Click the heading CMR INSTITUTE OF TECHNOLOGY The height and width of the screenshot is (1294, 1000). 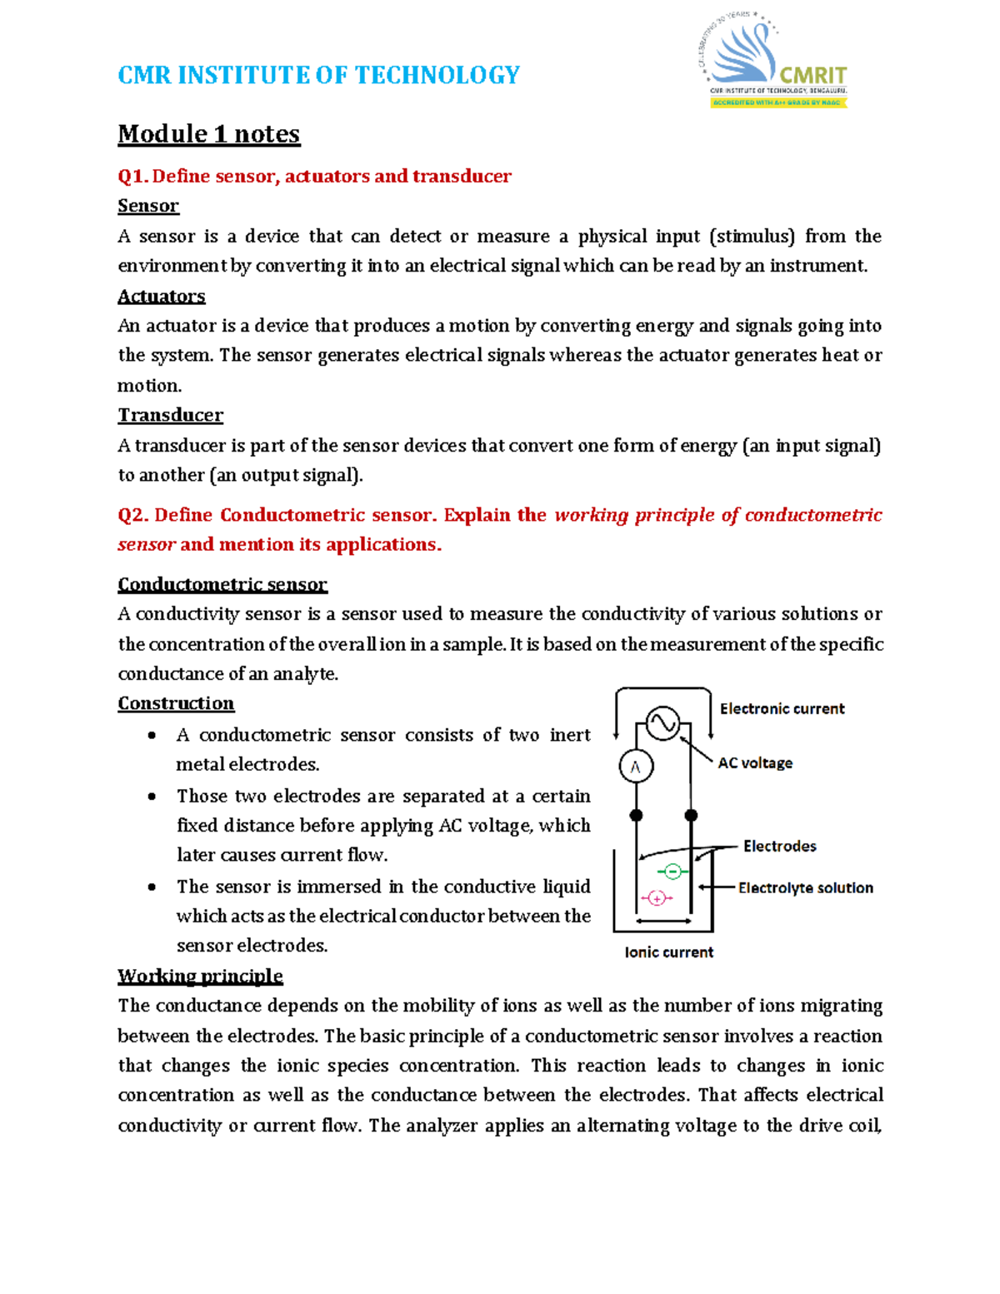pyautogui.click(x=318, y=75)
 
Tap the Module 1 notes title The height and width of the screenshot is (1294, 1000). pyautogui.click(x=208, y=134)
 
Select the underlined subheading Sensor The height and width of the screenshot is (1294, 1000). pyautogui.click(x=148, y=206)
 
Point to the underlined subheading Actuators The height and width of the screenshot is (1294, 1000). pyautogui.click(x=161, y=297)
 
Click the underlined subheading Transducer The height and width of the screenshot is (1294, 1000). pyautogui.click(x=170, y=415)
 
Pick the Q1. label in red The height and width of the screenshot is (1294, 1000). pyautogui.click(x=132, y=177)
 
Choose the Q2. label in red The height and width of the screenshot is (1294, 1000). pyautogui.click(x=133, y=515)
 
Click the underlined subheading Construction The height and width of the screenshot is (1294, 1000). pyautogui.click(x=176, y=703)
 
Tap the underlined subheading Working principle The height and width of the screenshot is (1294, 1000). pyautogui.click(x=200, y=976)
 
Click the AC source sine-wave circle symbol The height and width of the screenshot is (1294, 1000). pyautogui.click(x=662, y=723)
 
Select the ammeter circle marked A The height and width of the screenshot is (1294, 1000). pyautogui.click(x=636, y=767)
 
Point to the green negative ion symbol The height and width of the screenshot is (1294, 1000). pyautogui.click(x=672, y=872)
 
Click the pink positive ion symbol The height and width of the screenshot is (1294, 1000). pyautogui.click(x=657, y=898)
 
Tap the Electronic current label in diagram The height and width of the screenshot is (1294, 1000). pyautogui.click(x=782, y=709)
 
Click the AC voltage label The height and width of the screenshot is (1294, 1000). pyautogui.click(x=755, y=763)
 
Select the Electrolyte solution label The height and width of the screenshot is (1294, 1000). pyautogui.click(x=805, y=888)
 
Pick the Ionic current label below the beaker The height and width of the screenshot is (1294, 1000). pyautogui.click(x=668, y=952)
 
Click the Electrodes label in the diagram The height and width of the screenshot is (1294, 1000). pyautogui.click(x=779, y=847)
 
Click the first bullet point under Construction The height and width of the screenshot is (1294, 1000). pyautogui.click(x=152, y=736)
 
